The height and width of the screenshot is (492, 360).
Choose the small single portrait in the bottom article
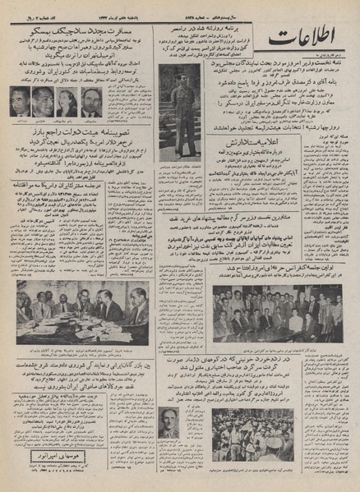point(171,420)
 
